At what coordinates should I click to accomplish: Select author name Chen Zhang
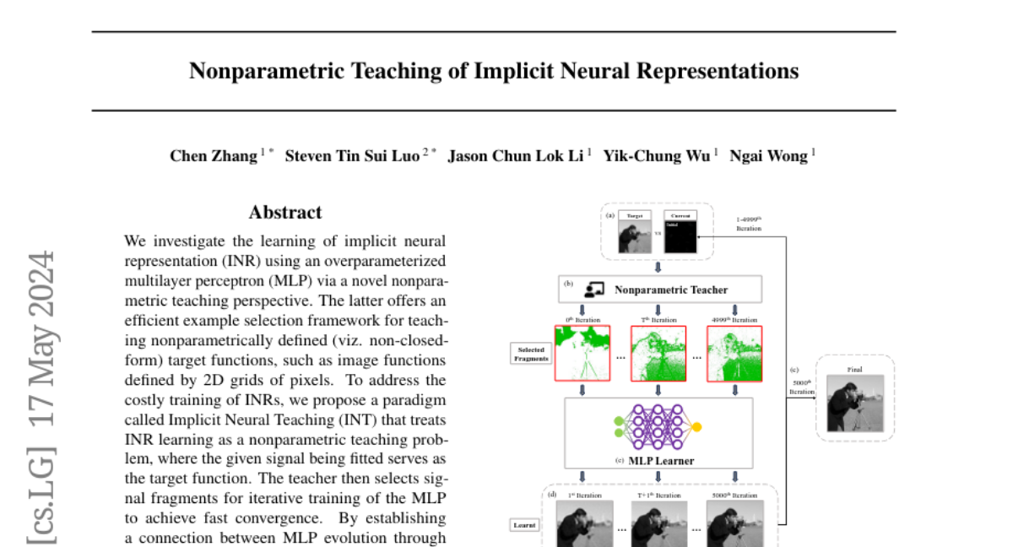click(214, 155)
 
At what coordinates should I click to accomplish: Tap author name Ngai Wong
click(768, 155)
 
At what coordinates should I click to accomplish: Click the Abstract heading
click(285, 213)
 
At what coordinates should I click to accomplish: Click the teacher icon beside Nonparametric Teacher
click(593, 290)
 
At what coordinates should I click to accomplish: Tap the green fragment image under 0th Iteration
click(582, 354)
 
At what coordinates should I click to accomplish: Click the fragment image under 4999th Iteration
click(734, 354)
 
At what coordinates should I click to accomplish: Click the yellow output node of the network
click(696, 427)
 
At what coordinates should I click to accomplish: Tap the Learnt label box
click(524, 524)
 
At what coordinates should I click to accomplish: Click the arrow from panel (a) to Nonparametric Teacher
click(658, 266)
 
